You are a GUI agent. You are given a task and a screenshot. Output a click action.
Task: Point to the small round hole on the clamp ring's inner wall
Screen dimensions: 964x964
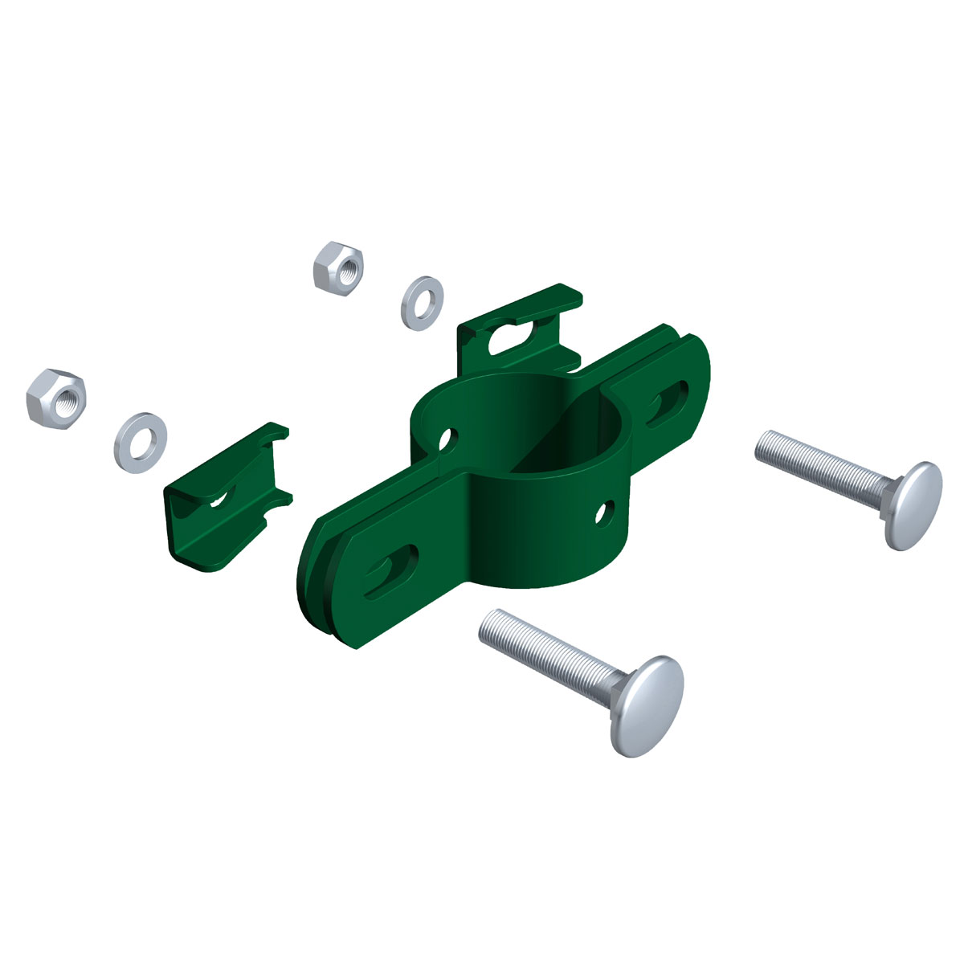tap(444, 439)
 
